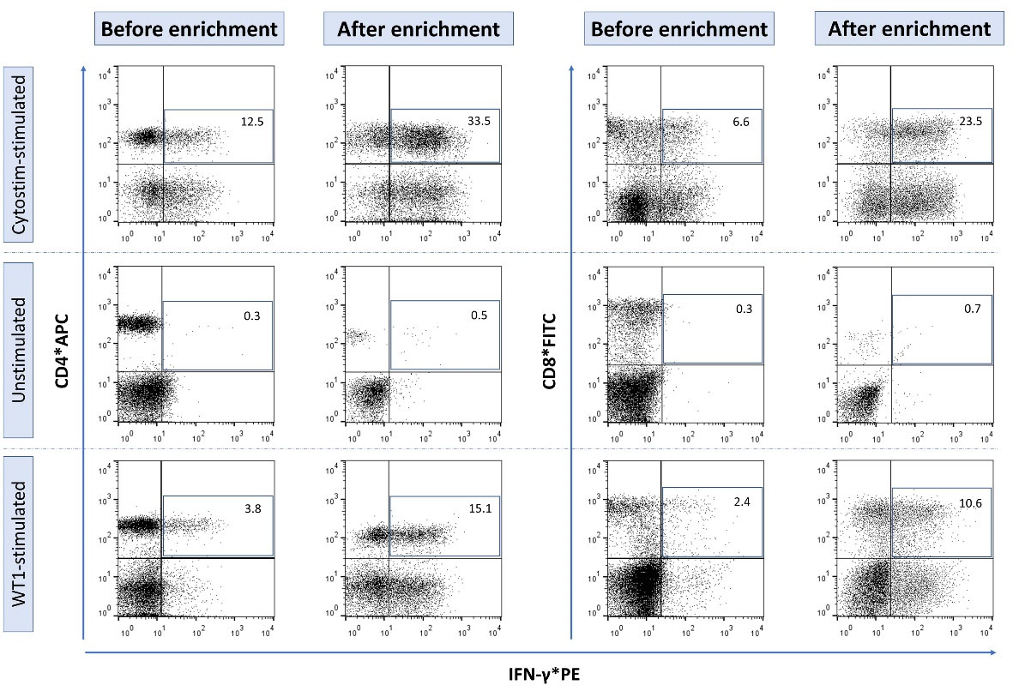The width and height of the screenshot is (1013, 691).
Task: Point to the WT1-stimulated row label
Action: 19,544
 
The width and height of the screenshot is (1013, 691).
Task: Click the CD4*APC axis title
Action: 62,352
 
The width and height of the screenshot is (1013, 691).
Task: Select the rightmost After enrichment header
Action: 908,29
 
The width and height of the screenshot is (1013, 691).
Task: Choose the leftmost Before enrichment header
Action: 189,29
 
